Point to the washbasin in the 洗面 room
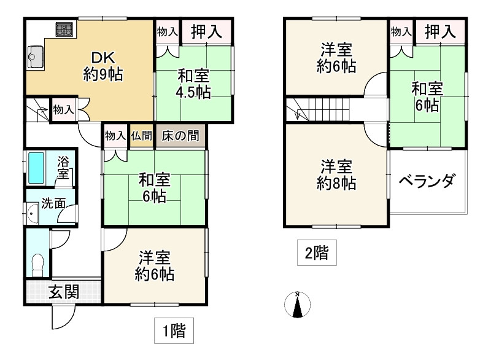(33, 214)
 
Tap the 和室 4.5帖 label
(194, 85)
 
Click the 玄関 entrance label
(64, 291)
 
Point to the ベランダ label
(427, 181)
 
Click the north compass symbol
(297, 303)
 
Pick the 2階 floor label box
(317, 252)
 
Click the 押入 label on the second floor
(440, 31)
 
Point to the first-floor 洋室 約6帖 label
(154, 265)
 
